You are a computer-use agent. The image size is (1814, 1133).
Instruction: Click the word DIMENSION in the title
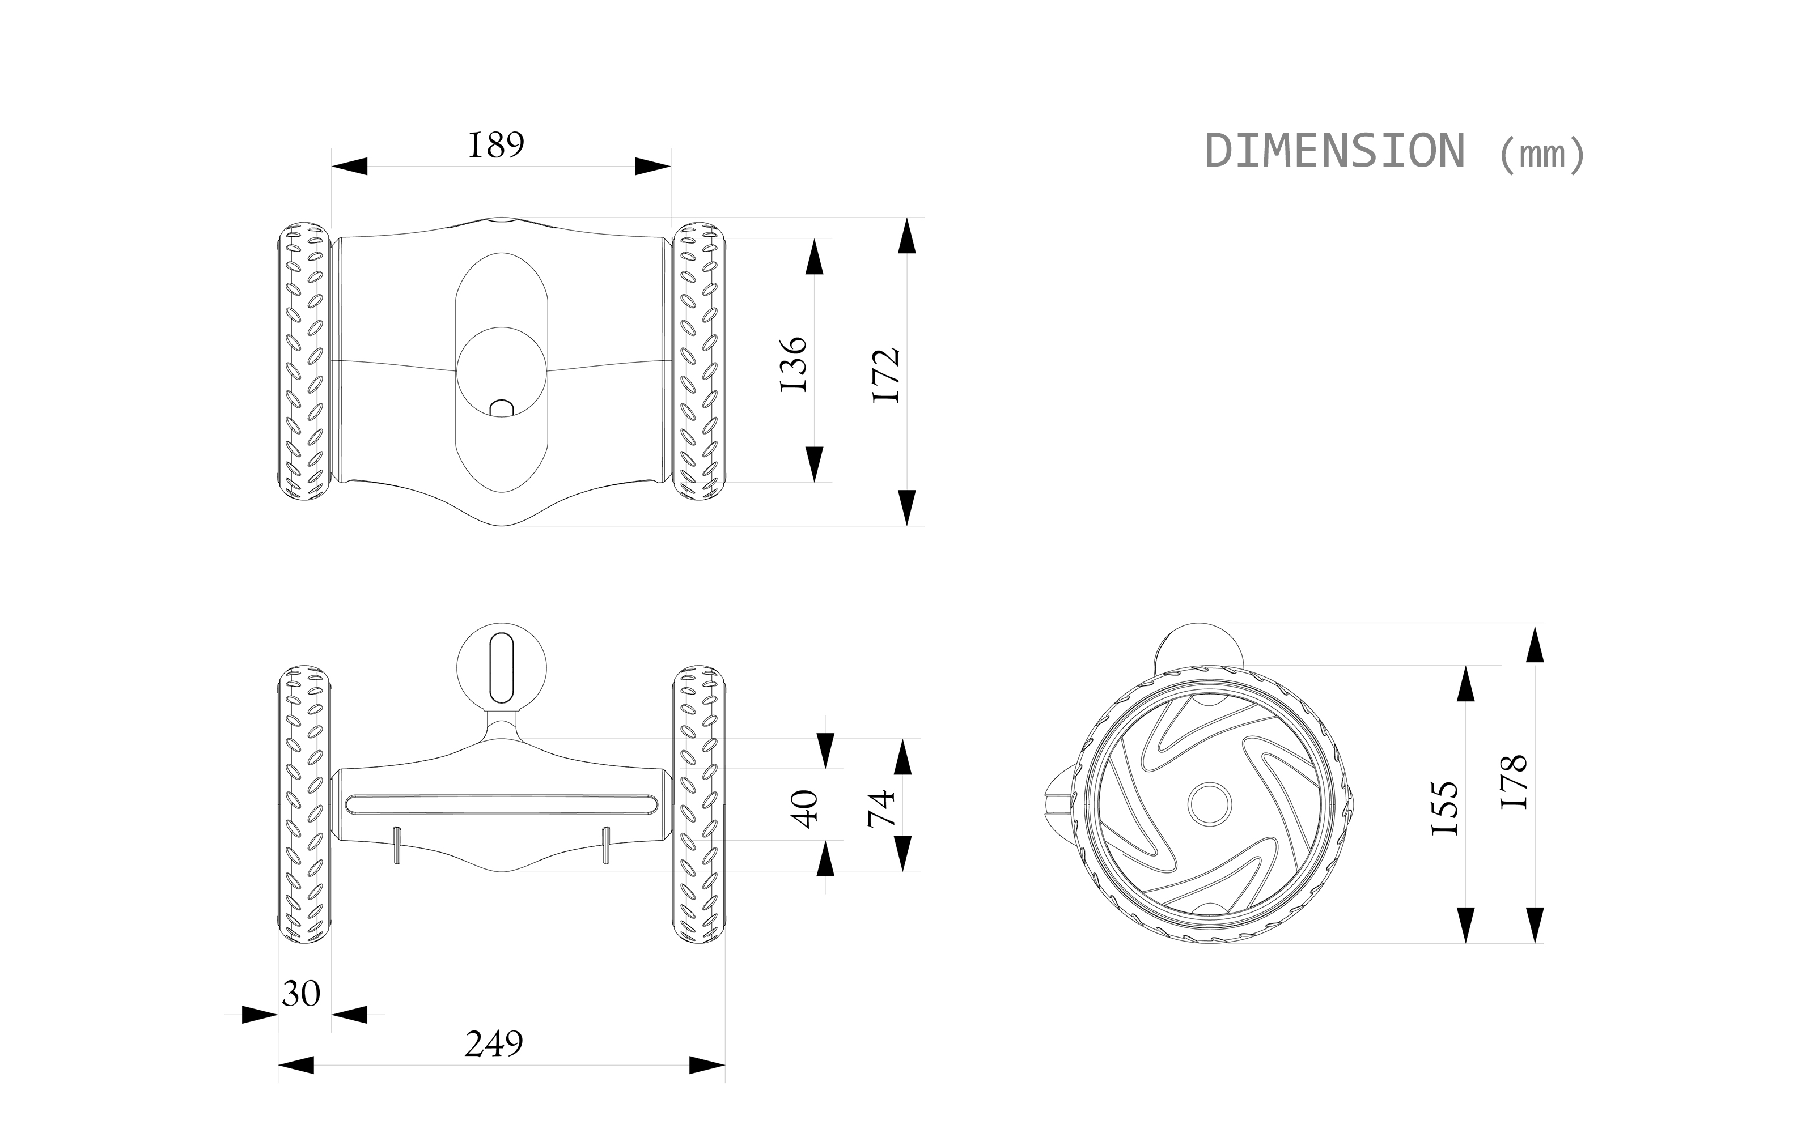tap(1334, 151)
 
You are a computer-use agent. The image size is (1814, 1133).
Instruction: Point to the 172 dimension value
tap(888, 374)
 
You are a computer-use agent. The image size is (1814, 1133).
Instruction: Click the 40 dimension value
tap(807, 808)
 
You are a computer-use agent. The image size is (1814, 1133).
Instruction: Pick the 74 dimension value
tap(882, 808)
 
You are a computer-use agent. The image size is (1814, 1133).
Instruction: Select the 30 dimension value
tap(302, 994)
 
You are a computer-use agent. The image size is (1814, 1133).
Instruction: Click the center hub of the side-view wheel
tap(1210, 804)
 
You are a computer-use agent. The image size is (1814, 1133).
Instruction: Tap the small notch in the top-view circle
tap(502, 408)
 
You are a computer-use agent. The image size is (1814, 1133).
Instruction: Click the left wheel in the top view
tap(304, 361)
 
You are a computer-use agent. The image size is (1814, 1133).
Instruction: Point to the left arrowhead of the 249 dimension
tap(296, 1065)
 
